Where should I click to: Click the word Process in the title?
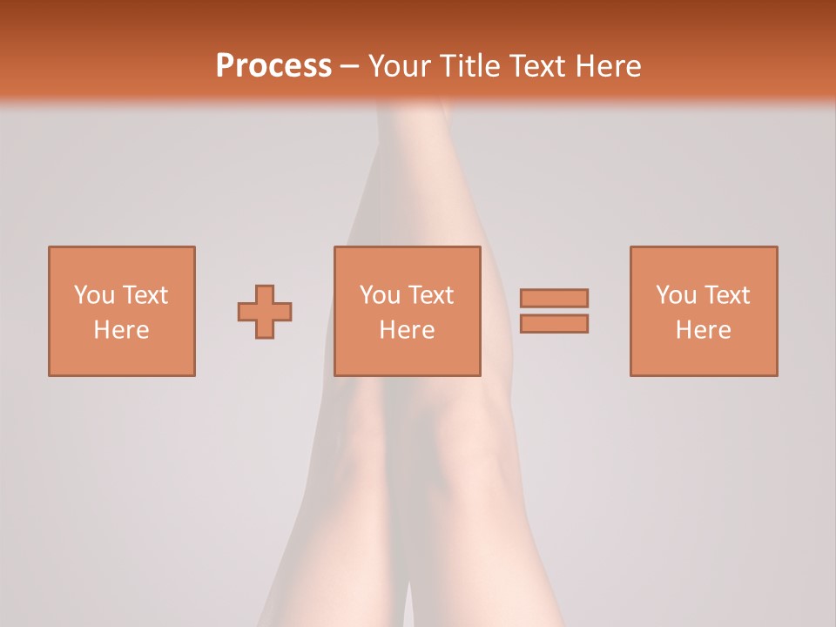(x=273, y=66)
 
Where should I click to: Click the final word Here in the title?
(x=608, y=66)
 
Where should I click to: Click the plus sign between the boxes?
(x=265, y=312)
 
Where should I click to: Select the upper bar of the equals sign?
(x=554, y=298)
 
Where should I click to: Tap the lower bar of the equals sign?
(x=554, y=324)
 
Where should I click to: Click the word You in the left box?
(x=94, y=295)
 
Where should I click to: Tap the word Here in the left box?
(x=122, y=330)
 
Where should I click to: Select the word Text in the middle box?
(x=430, y=295)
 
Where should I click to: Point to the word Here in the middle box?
(x=408, y=330)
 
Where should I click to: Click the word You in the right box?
(x=676, y=295)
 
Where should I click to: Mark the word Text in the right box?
(x=726, y=295)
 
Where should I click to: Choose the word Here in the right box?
(x=704, y=330)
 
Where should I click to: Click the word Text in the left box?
(x=145, y=295)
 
